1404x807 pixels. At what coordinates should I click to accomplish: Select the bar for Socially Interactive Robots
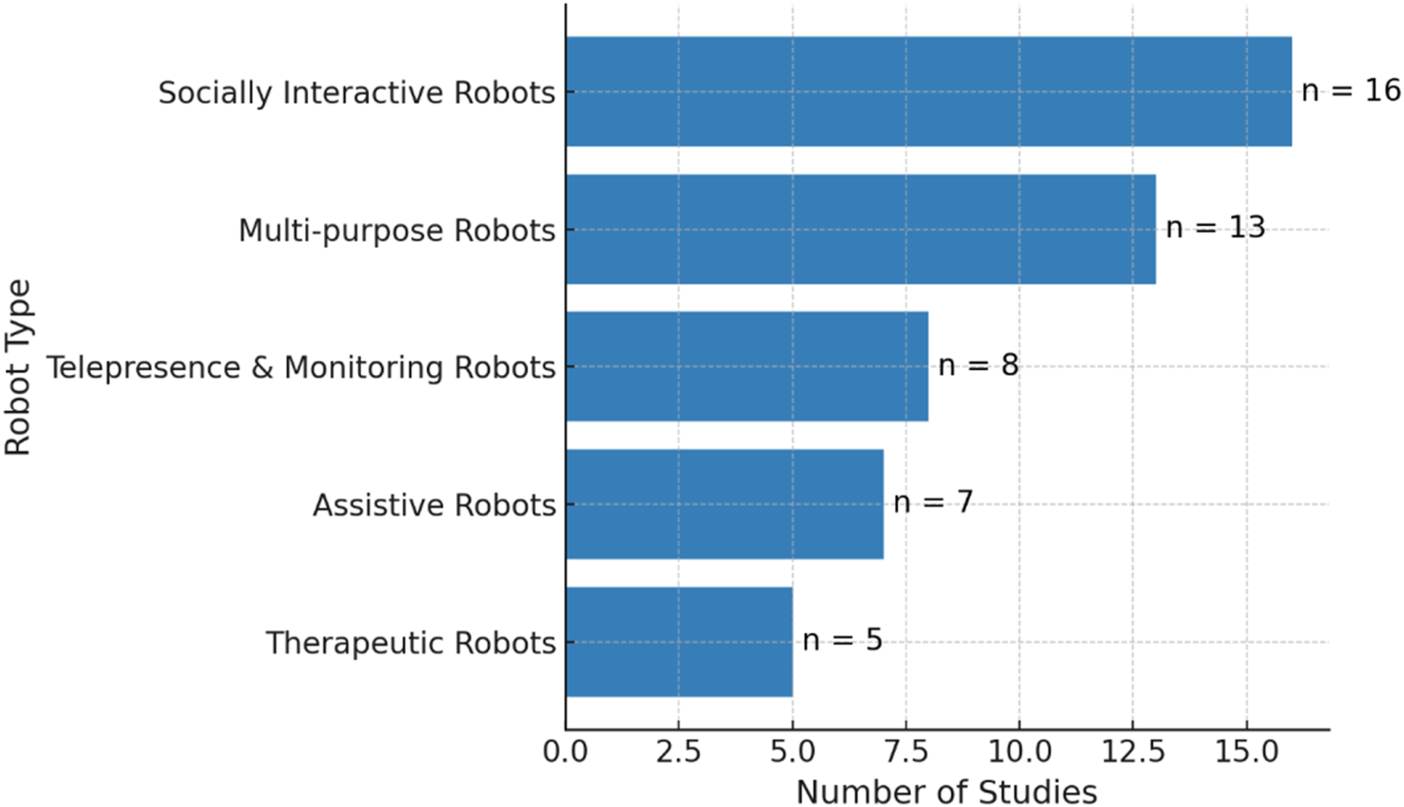[928, 92]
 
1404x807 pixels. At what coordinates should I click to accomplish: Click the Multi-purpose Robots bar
[860, 230]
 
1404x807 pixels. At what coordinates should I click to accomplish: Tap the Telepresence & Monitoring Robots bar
[747, 366]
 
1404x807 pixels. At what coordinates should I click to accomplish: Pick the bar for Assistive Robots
[725, 504]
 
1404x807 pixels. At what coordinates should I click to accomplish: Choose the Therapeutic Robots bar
[679, 642]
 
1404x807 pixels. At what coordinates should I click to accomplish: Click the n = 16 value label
[1351, 90]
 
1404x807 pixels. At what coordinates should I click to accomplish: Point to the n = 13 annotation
[1215, 228]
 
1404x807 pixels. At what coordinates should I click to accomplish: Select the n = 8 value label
[978, 365]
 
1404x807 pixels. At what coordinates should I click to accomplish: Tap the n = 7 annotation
[933, 502]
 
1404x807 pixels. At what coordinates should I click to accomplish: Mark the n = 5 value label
[842, 640]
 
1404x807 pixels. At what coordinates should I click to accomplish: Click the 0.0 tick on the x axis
[566, 752]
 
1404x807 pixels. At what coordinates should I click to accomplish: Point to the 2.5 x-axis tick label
[679, 752]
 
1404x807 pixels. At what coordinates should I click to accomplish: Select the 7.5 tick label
[906, 752]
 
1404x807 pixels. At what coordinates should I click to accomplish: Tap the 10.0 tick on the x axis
[1019, 752]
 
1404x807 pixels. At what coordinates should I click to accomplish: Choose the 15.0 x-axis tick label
[1246, 752]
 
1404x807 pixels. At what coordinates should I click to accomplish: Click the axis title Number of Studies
[946, 792]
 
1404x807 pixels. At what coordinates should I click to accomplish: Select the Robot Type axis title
[18, 367]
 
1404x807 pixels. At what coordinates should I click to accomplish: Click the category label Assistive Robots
[434, 505]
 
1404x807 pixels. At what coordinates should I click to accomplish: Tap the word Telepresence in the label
[143, 367]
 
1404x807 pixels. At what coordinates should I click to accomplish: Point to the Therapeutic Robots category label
[410, 643]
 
